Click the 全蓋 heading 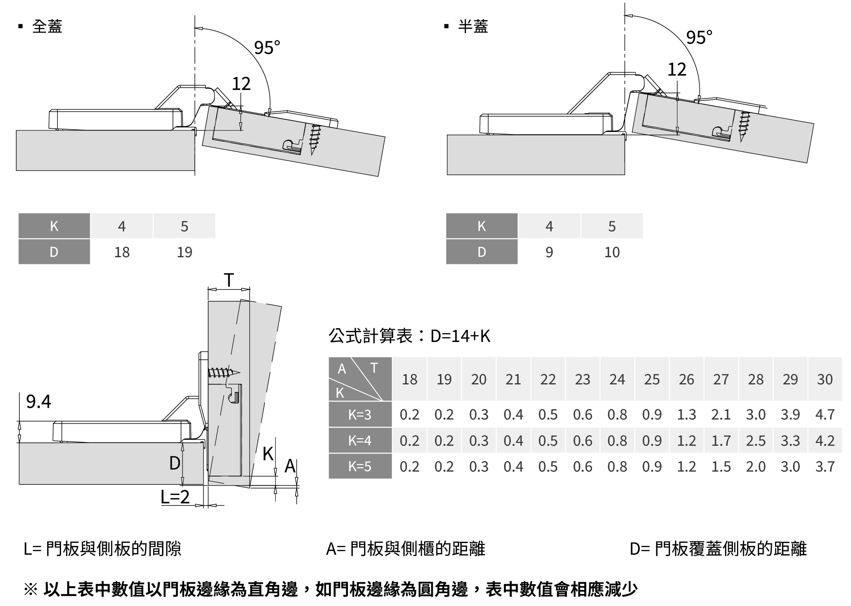point(47,27)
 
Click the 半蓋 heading point(473,27)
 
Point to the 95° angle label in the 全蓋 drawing point(267,48)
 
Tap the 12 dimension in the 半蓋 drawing point(676,69)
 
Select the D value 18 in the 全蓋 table point(122,252)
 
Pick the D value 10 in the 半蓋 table point(612,252)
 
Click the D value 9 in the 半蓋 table point(549,252)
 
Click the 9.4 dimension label point(38,401)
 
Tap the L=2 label point(175,497)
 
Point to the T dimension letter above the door point(229,280)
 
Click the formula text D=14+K point(460,336)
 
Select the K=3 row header point(360,415)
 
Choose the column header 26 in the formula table point(686,380)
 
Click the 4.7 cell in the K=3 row point(825,415)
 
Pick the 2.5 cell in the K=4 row point(756,440)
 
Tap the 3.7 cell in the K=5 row point(825,467)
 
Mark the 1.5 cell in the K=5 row point(721,467)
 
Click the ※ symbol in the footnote point(31,589)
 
